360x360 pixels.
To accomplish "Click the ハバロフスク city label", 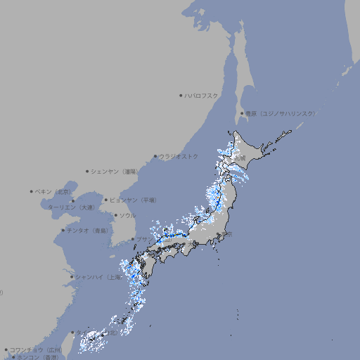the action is click(x=202, y=95).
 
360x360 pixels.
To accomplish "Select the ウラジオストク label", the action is click(x=179, y=156).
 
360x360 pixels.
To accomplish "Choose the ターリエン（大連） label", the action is click(x=70, y=207).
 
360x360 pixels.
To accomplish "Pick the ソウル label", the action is click(x=127, y=215).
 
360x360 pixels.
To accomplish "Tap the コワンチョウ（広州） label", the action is click(x=36, y=349).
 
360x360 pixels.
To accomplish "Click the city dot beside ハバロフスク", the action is click(x=181, y=95).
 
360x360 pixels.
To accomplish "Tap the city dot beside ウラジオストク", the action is click(x=155, y=156).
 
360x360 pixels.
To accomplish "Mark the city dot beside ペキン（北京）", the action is click(x=32, y=191).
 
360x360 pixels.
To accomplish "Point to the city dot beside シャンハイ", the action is click(x=72, y=277).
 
